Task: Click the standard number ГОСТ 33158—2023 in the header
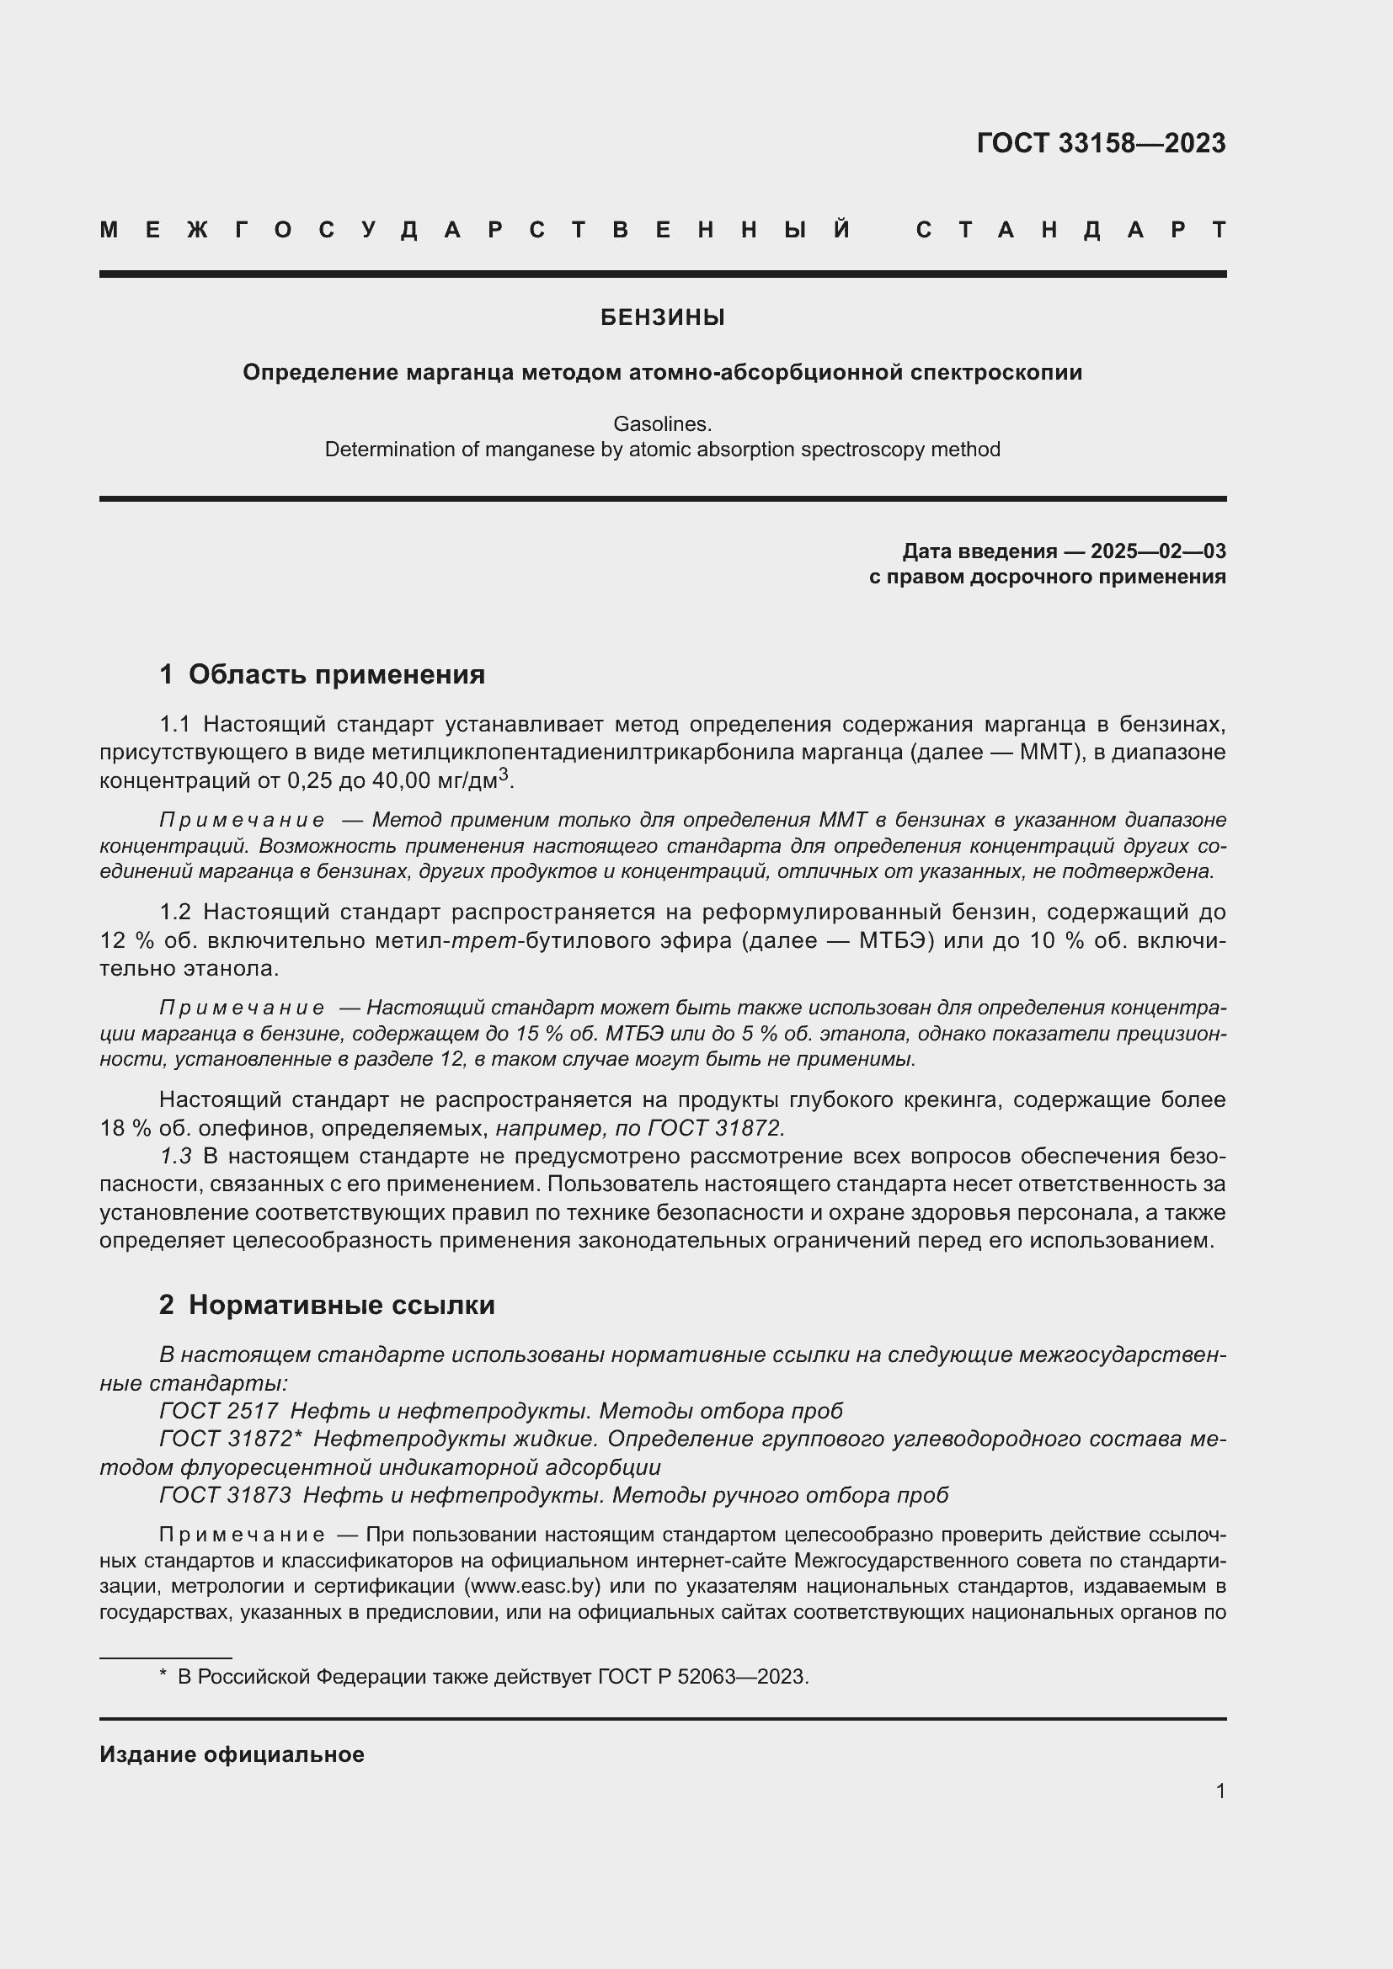[x=1101, y=143]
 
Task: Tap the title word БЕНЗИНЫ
[x=662, y=317]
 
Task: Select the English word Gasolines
[x=662, y=423]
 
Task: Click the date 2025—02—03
[x=1158, y=551]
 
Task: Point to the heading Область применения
[x=336, y=674]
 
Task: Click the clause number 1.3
[x=175, y=1156]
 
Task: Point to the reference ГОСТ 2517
[x=219, y=1411]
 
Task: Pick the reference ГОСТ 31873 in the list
[x=226, y=1495]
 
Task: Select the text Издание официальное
[x=232, y=1753]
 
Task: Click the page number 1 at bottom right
[x=1220, y=1791]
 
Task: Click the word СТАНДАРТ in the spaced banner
[x=1070, y=230]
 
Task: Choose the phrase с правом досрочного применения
[x=1048, y=577]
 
